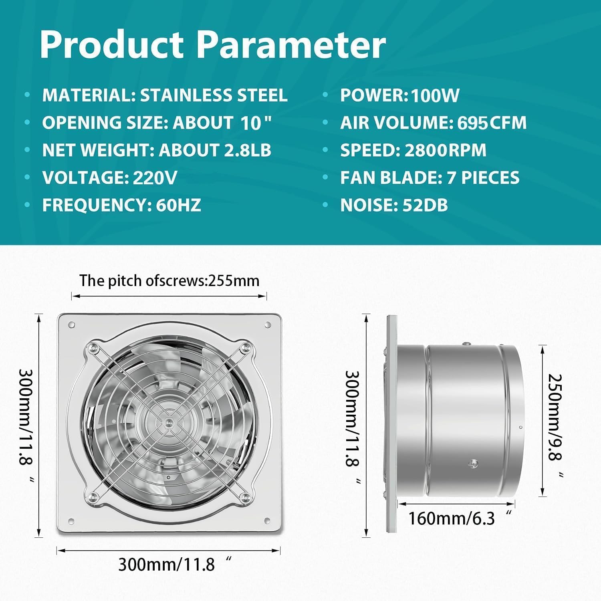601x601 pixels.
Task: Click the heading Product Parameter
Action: pyautogui.click(x=212, y=45)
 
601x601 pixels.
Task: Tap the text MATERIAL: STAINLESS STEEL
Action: pyautogui.click(x=165, y=95)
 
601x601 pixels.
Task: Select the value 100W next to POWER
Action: pyautogui.click(x=435, y=96)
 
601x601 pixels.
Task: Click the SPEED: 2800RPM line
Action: pyautogui.click(x=413, y=150)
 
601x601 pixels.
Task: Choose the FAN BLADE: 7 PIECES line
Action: pyautogui.click(x=430, y=177)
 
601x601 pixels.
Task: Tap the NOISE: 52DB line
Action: pyautogui.click(x=394, y=205)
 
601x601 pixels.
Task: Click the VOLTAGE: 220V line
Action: pyautogui.click(x=109, y=177)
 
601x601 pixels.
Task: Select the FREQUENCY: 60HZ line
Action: pyautogui.click(x=121, y=205)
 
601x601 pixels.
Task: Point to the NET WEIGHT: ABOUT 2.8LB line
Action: pyautogui.click(x=157, y=150)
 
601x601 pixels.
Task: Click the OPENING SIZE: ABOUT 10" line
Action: pyautogui.click(x=157, y=123)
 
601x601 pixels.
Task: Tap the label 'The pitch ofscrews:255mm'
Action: pyautogui.click(x=169, y=280)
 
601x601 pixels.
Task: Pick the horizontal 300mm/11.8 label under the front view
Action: pyautogui.click(x=175, y=564)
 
